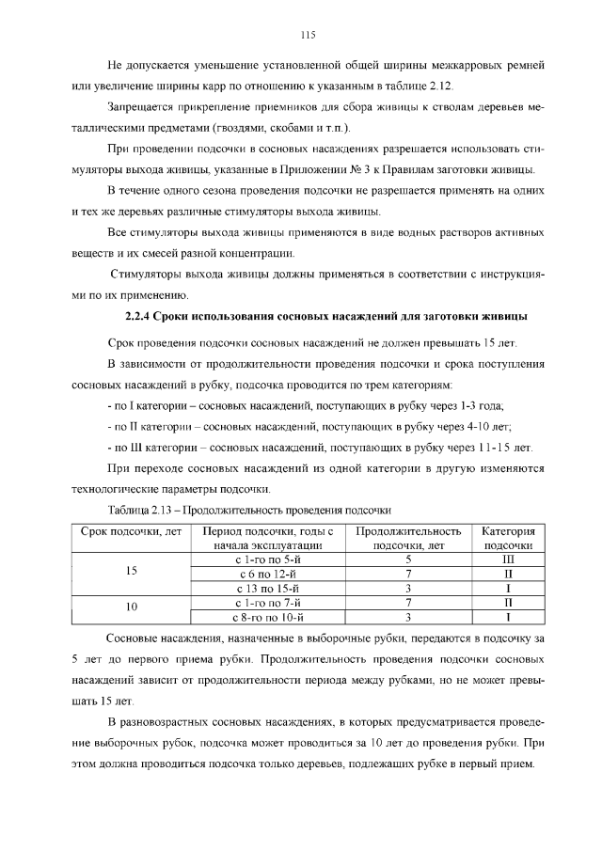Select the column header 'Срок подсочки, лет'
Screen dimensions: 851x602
pos(131,537)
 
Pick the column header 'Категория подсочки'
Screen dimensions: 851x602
pos(508,537)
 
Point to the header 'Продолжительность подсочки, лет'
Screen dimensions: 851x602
pos(409,537)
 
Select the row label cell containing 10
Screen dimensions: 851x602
pos(131,608)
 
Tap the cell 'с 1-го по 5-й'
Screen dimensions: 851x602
pos(268,559)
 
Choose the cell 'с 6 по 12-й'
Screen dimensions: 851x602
pos(268,573)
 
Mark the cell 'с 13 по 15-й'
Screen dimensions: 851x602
pos(268,588)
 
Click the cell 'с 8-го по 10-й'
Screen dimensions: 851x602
pos(268,617)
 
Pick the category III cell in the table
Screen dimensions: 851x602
pos(508,559)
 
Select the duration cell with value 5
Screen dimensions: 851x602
pos(409,559)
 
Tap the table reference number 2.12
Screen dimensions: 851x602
pos(440,87)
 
